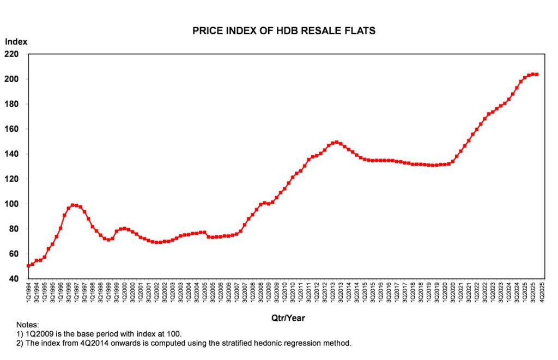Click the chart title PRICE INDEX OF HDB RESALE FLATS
point(284,31)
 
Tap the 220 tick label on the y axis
point(12,54)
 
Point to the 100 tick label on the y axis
point(12,204)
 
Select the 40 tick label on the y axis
point(14,279)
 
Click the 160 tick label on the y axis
point(12,129)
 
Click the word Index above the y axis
point(16,41)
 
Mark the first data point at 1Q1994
point(28,266)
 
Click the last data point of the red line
point(537,75)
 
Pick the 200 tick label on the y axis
point(12,79)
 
